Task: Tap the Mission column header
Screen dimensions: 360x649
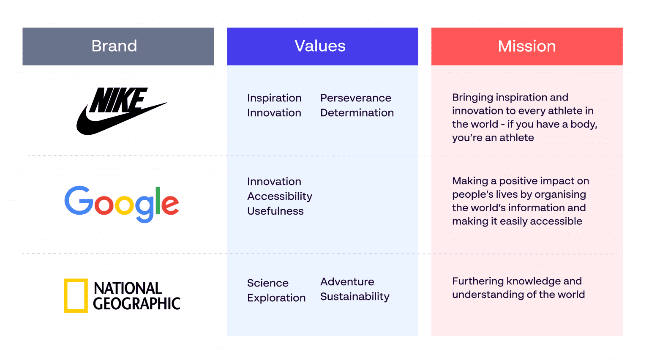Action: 526,46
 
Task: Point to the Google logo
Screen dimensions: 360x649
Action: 122,204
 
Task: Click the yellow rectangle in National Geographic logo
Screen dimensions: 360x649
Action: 76,296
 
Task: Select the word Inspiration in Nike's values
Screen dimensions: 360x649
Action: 274,98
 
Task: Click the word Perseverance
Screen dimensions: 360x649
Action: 356,98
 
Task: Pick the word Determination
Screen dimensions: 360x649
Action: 357,113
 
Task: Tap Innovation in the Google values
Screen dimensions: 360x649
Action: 274,182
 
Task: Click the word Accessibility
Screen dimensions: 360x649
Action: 280,196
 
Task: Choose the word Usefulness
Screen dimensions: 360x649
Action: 275,211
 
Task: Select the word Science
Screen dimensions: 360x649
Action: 268,283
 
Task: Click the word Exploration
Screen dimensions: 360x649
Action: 276,298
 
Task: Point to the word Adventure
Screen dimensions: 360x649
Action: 347,282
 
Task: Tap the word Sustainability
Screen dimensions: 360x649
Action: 355,297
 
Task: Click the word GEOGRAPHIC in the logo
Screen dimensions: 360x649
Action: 136,304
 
